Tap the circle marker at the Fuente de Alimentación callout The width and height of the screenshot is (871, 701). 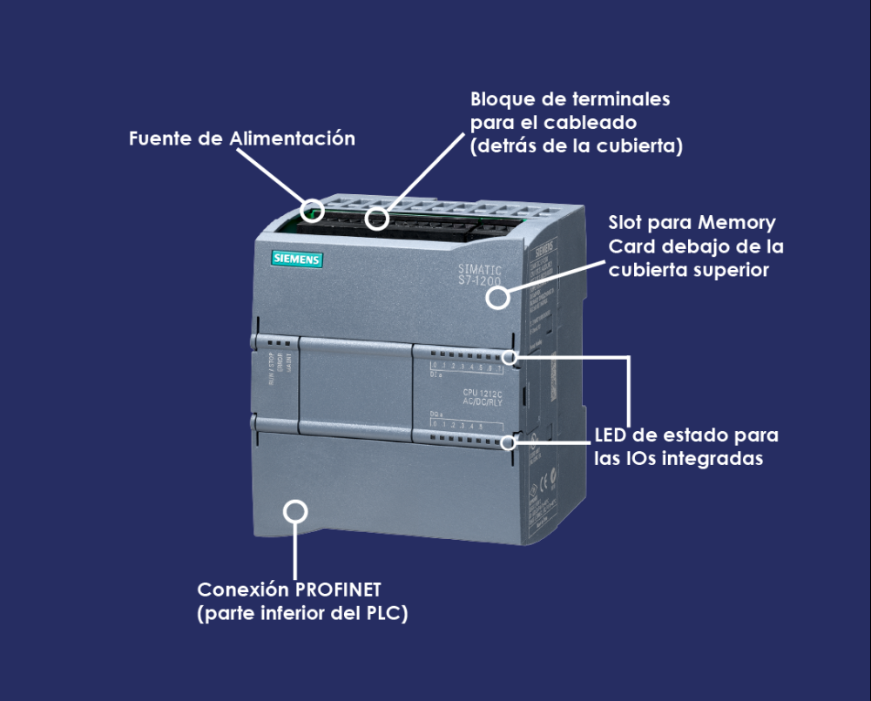tap(312, 210)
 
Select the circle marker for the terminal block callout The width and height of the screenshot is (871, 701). tap(376, 218)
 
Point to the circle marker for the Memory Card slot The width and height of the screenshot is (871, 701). tap(497, 298)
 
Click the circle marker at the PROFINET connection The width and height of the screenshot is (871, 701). tap(296, 510)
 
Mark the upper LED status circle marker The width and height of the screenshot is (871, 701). tap(510, 357)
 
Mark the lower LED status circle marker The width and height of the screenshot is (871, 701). tap(510, 442)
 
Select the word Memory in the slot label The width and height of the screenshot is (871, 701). tap(737, 224)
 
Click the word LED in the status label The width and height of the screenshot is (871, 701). tap(612, 435)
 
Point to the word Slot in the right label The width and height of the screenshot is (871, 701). tap(629, 224)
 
